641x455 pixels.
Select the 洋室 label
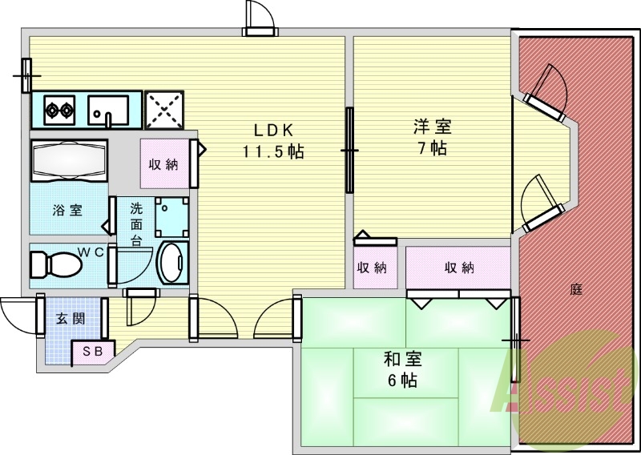point(432,126)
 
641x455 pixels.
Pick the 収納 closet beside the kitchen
point(163,164)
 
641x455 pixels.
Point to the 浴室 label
point(67,211)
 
